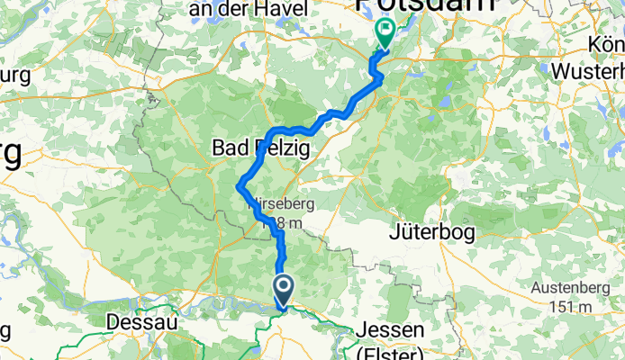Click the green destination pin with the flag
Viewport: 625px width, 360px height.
(x=385, y=33)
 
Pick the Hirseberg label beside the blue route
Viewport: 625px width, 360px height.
(x=276, y=205)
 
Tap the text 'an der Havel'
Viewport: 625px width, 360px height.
(x=237, y=8)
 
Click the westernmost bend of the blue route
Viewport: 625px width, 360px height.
(x=239, y=187)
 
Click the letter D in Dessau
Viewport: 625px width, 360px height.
(x=113, y=321)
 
